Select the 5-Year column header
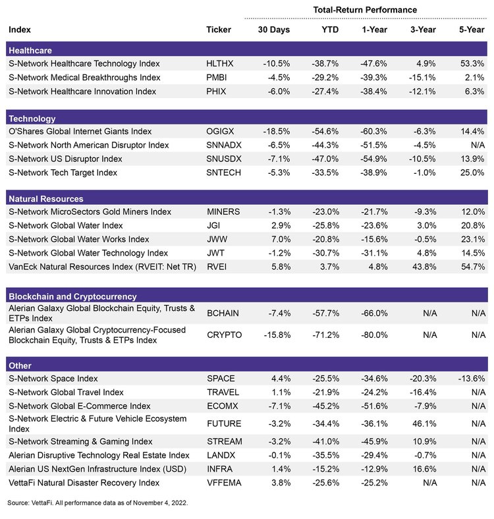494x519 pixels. (x=471, y=30)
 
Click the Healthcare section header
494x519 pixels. (x=30, y=50)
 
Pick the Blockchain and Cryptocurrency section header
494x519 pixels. (x=72, y=296)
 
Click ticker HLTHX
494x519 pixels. (x=220, y=64)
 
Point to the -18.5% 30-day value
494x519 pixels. (x=269, y=132)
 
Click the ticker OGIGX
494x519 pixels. (x=221, y=132)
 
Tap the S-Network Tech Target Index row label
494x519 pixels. (x=63, y=173)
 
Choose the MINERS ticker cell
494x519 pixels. (x=223, y=212)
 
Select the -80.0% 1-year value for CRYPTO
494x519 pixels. (x=374, y=335)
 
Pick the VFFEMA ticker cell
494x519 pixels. (x=223, y=483)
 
